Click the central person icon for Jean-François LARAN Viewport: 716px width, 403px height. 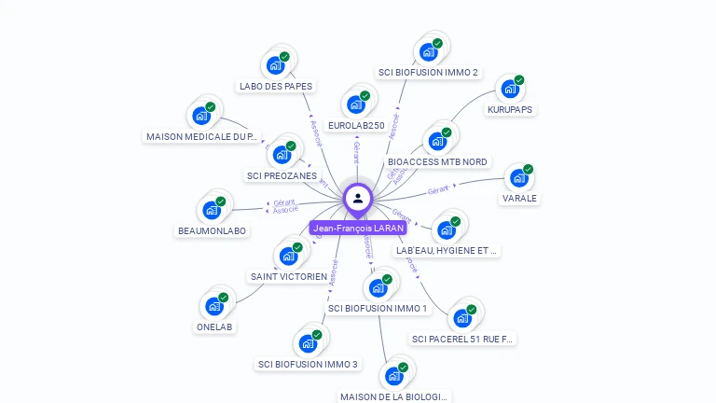[x=358, y=198]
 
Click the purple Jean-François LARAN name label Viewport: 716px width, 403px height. [x=358, y=228]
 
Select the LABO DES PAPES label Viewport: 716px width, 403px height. [x=275, y=87]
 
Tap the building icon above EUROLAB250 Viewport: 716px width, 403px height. [x=355, y=104]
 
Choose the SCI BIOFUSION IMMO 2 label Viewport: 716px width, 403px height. [x=428, y=72]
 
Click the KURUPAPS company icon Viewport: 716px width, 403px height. [x=509, y=89]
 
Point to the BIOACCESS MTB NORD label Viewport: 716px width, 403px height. [x=437, y=161]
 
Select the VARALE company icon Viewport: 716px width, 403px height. [x=518, y=178]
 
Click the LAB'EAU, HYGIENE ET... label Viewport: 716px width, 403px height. [x=447, y=251]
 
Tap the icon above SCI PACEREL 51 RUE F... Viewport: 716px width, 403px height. [x=462, y=318]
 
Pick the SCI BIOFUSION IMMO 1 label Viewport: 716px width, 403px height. [x=378, y=309]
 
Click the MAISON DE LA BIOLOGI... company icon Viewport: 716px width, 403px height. [x=393, y=376]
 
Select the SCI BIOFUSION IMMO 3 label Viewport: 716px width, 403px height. [x=308, y=364]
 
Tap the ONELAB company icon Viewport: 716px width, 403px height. [x=214, y=306]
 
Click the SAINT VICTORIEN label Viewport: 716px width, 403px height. [x=289, y=276]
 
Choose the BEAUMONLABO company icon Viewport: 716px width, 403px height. [x=212, y=210]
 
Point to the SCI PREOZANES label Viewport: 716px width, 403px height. [x=282, y=175]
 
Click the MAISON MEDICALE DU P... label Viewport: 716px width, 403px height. [x=201, y=136]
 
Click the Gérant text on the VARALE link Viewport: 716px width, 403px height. [x=438, y=189]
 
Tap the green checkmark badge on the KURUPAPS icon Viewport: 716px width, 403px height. [x=518, y=80]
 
